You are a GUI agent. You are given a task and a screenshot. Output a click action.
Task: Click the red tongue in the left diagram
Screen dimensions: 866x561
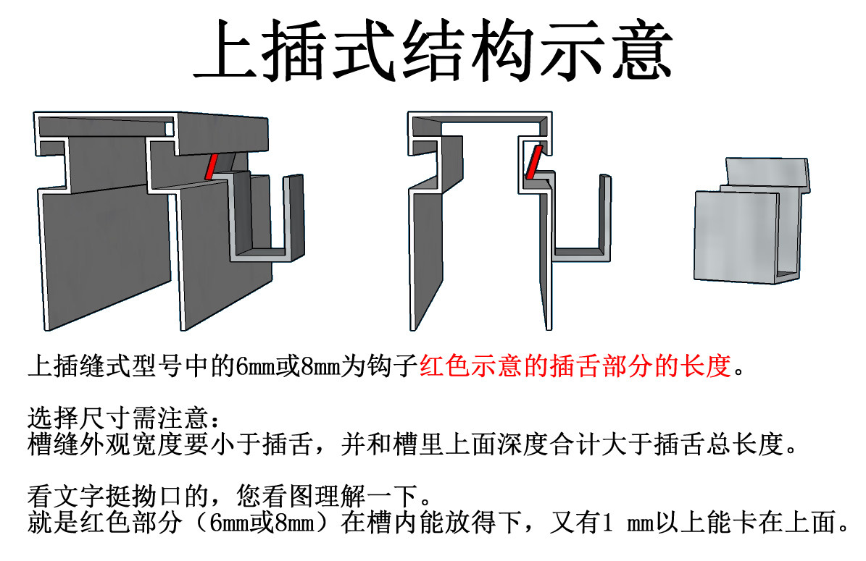coord(212,166)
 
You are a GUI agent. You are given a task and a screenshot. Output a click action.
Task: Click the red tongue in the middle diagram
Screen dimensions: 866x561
coord(533,161)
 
